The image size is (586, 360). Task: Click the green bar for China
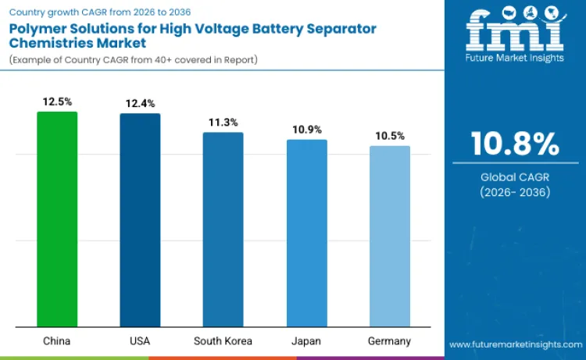(x=57, y=219)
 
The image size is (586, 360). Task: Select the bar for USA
(x=140, y=220)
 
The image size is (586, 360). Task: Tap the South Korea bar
(x=223, y=230)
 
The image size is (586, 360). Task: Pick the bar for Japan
(x=306, y=233)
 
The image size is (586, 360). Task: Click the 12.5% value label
(x=57, y=102)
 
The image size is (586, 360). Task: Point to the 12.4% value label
(x=140, y=103)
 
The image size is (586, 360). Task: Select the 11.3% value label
(x=223, y=122)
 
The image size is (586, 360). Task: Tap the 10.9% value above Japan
(x=306, y=129)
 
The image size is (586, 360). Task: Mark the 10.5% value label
(x=389, y=135)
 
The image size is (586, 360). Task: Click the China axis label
(x=57, y=341)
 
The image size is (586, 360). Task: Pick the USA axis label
(x=140, y=341)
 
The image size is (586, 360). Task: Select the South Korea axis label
(x=223, y=341)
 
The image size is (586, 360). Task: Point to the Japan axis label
(x=306, y=341)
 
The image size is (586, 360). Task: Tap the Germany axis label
(x=389, y=341)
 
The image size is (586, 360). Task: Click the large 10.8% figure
(x=515, y=144)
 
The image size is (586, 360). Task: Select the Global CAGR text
(x=515, y=177)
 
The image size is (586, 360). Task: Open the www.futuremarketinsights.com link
(x=515, y=344)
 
